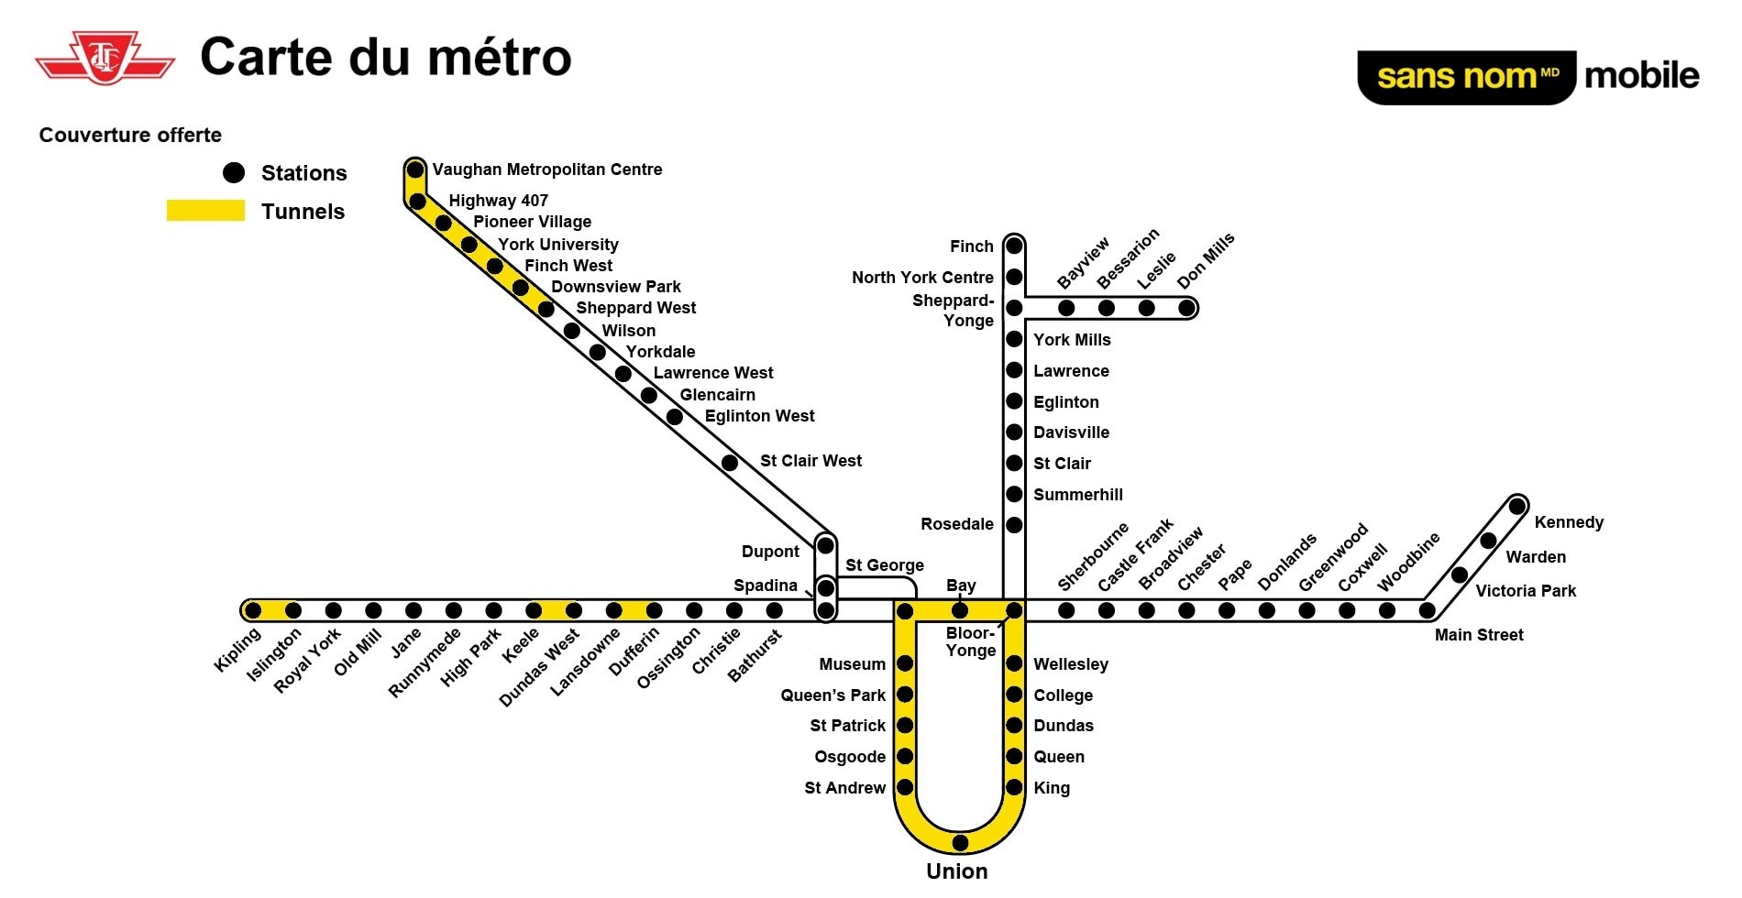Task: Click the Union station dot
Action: pos(960,842)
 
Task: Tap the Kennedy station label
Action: pos(1569,522)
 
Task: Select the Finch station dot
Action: pos(1014,246)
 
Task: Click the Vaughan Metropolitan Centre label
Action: pos(547,170)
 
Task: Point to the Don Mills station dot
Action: pos(1186,308)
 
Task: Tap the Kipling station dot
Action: pos(253,610)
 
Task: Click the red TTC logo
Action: pos(105,60)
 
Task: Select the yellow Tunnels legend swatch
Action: pos(205,211)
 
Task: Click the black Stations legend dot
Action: pos(234,172)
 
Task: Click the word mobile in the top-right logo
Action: pos(1641,76)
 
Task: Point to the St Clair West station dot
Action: pos(730,463)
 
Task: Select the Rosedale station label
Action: pos(957,524)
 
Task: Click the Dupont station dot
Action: pos(825,546)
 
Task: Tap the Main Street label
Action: pos(1479,635)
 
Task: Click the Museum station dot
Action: pos(905,663)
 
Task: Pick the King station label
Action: pos(1052,788)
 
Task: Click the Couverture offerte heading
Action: pos(130,136)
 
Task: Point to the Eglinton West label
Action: pos(759,416)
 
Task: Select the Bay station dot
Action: pos(960,610)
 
